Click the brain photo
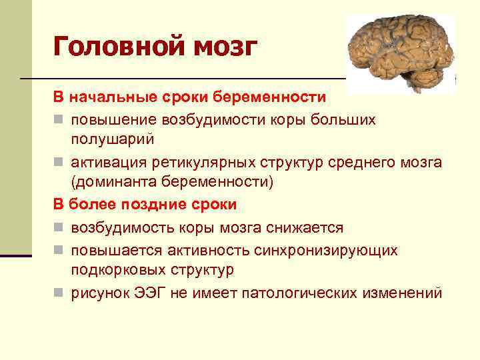[x=400, y=53]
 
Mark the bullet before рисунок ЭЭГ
[x=59, y=293]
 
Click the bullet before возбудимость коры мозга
[x=59, y=229]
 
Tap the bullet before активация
[x=59, y=163]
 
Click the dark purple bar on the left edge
[x=15, y=255]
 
